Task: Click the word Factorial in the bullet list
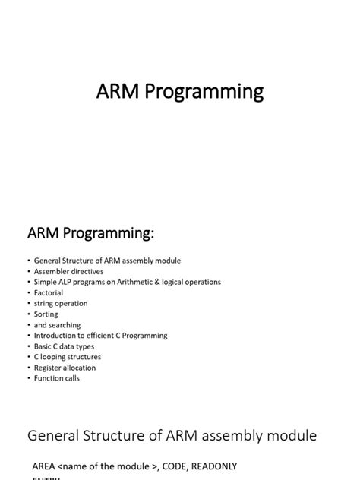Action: point(49,292)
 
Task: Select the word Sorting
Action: point(46,314)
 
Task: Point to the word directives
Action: point(86,271)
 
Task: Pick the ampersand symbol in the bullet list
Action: point(169,282)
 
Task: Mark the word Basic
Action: point(43,346)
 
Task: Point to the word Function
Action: point(49,377)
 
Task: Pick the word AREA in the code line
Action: point(43,466)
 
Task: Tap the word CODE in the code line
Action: point(163,466)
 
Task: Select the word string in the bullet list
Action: point(44,303)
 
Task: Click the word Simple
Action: point(46,282)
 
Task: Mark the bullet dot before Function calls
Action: point(28,378)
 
